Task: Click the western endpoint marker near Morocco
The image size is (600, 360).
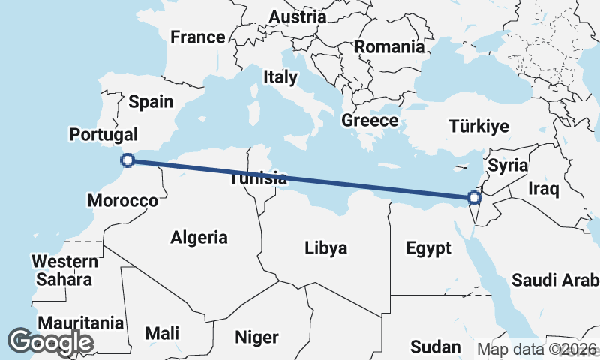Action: point(127,160)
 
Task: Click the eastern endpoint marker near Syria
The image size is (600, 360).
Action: point(473,198)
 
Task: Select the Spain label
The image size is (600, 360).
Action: point(151,102)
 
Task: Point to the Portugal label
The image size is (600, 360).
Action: point(103,135)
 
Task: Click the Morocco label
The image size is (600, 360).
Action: point(122,200)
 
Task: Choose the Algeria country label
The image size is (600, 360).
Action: point(199,238)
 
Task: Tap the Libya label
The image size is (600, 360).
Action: point(325,247)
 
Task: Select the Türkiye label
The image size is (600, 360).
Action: point(478,126)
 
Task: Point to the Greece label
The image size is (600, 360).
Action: point(370,120)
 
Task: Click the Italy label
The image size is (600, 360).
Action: point(280,76)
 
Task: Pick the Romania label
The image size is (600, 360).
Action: point(389,46)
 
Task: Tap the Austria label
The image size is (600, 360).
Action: point(298,16)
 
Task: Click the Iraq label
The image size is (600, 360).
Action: point(544,188)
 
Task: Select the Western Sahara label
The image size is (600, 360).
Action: point(64,270)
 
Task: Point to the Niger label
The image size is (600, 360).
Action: point(256,337)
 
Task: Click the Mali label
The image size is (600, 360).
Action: point(162,332)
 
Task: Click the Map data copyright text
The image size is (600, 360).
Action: point(537,349)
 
